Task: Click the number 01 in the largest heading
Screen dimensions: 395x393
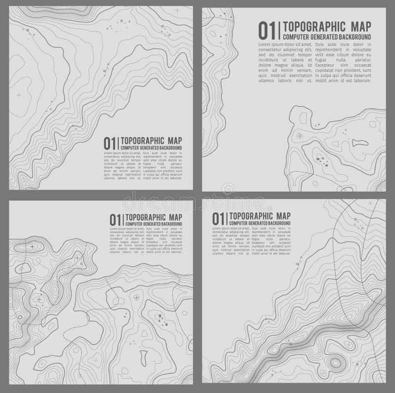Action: [268, 30]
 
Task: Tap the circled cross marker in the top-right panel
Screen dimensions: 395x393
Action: [299, 135]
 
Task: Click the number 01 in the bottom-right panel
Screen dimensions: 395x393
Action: [218, 218]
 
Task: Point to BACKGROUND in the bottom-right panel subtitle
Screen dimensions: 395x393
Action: [278, 224]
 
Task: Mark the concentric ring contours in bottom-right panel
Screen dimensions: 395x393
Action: [337, 363]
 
